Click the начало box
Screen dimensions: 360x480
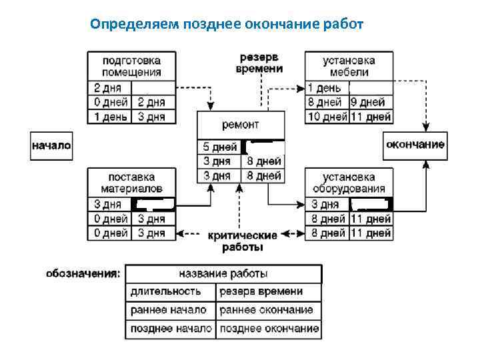[x=51, y=145]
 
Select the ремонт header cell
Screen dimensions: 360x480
[x=241, y=125]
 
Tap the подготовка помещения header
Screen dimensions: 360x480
[x=131, y=66]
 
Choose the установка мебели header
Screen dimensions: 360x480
[x=349, y=66]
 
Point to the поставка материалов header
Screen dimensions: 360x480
[x=131, y=183]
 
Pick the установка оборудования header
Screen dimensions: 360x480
[x=349, y=183]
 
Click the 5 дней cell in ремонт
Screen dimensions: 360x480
[x=219, y=147]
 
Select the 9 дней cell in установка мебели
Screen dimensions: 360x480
[x=371, y=103]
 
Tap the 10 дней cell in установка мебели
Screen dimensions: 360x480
[x=327, y=117]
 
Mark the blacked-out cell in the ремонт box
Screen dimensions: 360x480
[x=263, y=147]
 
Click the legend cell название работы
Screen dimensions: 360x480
[x=223, y=274]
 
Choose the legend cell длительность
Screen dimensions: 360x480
[x=169, y=292]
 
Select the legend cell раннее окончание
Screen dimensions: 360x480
[x=267, y=311]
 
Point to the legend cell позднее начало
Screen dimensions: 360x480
[x=171, y=329]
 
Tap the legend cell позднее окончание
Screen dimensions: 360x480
[x=268, y=329]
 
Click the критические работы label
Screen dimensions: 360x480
[x=242, y=241]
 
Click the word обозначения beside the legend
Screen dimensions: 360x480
[x=83, y=273]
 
